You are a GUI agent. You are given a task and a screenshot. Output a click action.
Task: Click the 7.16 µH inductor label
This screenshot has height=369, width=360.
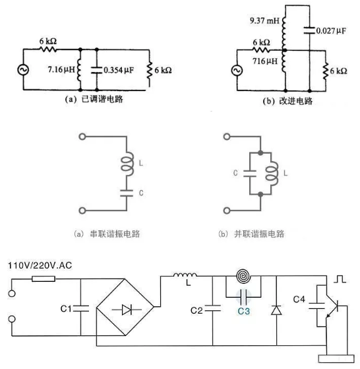click(61, 69)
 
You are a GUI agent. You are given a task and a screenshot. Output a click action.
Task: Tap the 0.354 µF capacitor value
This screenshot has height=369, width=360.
click(119, 70)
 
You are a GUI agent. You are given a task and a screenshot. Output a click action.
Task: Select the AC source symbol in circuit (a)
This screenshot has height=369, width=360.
click(23, 70)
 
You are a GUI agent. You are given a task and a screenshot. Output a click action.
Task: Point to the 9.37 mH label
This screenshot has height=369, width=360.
click(264, 20)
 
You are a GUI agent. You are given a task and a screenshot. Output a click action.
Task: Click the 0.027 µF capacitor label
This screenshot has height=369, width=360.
click(331, 30)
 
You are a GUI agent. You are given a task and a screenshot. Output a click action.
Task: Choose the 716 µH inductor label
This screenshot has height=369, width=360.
click(265, 61)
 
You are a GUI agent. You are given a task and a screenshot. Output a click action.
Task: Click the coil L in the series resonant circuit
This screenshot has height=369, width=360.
click(128, 164)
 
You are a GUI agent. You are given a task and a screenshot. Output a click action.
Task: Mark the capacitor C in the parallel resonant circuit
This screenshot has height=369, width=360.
click(249, 174)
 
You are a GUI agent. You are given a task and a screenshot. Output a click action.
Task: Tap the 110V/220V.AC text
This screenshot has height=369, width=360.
click(40, 265)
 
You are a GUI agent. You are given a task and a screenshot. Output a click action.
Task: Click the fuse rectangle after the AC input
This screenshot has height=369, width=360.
click(44, 279)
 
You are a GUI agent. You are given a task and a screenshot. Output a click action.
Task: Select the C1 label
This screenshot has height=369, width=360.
click(66, 308)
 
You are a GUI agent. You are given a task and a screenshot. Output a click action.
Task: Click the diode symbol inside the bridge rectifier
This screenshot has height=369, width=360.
click(127, 310)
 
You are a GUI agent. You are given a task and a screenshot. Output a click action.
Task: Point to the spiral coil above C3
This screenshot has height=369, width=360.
click(243, 277)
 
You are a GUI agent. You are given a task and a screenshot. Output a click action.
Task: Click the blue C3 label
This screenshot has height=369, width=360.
click(243, 311)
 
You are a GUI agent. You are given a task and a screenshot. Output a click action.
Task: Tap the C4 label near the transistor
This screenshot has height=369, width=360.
click(299, 299)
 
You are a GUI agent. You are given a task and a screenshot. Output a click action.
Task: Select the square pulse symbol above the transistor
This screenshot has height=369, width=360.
click(340, 279)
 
